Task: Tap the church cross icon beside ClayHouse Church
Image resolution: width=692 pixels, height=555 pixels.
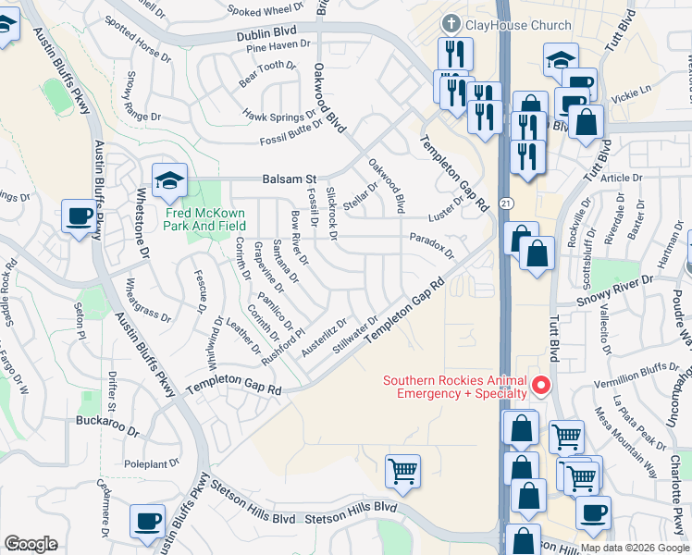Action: [x=451, y=23]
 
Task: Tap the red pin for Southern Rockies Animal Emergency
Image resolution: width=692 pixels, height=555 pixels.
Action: [x=542, y=387]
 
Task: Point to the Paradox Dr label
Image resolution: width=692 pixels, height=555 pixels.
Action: [x=432, y=246]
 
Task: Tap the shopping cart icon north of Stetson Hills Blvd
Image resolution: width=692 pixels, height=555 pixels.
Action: [x=403, y=471]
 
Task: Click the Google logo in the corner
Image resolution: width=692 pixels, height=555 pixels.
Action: [x=31, y=544]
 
